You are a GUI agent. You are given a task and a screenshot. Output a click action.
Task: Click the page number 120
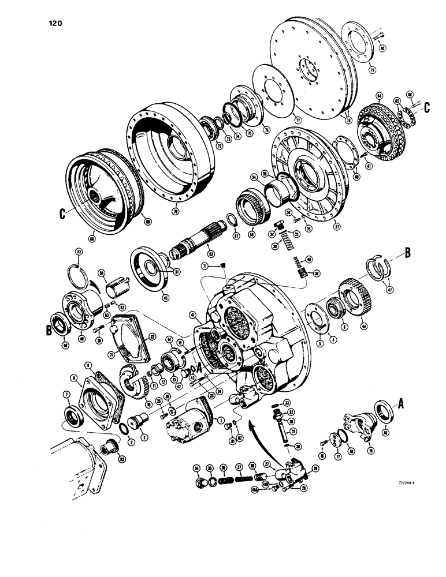pos(52,23)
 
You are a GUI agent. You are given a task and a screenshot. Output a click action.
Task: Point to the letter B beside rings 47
pos(408,252)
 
